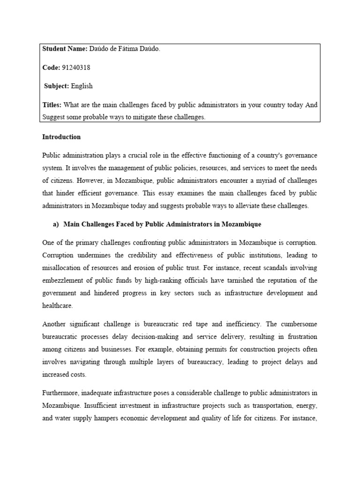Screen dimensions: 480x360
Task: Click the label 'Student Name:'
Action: click(x=61, y=49)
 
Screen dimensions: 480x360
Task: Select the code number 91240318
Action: click(x=76, y=67)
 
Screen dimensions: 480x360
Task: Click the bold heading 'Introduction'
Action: click(x=61, y=137)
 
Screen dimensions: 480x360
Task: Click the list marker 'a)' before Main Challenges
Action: click(x=56, y=225)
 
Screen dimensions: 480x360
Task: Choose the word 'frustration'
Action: click(x=300, y=337)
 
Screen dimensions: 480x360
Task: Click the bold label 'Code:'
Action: click(x=51, y=67)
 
